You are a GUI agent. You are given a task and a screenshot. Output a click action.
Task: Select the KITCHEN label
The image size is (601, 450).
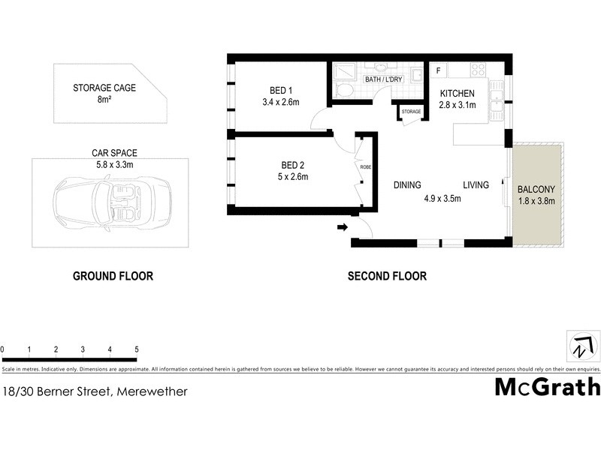coord(458,93)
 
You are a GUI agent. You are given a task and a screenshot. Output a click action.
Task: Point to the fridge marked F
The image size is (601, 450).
coord(437,70)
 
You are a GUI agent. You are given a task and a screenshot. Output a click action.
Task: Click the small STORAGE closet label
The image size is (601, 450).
coord(411,112)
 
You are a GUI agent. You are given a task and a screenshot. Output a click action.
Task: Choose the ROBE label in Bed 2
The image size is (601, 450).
coord(366,166)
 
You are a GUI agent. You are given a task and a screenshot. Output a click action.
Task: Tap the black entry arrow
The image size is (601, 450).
coord(343,226)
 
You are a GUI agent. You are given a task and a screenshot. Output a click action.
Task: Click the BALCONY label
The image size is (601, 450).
coord(536,188)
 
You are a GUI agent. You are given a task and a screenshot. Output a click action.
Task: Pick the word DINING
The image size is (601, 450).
coord(407,185)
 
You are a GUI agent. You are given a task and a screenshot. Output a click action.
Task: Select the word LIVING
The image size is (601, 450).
coord(476,185)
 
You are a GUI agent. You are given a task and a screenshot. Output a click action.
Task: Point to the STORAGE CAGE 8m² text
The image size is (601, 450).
coord(104,93)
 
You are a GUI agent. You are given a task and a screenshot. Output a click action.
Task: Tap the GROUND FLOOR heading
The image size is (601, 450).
coord(113,276)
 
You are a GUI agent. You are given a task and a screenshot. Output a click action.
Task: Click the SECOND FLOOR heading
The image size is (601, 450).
coord(387,276)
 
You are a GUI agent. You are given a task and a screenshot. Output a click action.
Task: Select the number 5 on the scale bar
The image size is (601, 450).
coord(137,349)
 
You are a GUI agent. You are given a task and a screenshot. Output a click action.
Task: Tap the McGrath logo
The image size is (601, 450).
coord(548,387)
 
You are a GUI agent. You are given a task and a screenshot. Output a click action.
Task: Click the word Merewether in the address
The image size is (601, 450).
coord(152,391)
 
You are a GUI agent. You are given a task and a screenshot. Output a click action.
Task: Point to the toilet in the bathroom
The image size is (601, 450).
coord(346,91)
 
